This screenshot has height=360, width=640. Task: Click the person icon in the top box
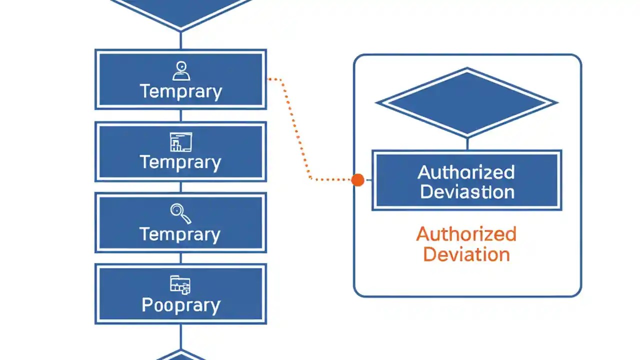point(180,71)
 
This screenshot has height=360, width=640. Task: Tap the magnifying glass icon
point(180,213)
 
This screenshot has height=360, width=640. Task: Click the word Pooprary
point(180,305)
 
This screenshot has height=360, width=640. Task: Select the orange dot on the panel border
point(357,180)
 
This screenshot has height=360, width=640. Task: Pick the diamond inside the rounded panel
point(466,102)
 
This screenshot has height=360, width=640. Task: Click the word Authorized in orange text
point(466,234)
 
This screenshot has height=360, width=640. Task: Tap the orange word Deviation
point(466,254)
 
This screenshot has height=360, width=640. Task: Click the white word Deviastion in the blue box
point(467,192)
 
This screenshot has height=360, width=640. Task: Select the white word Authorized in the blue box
point(466,172)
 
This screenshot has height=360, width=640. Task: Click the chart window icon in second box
point(180,142)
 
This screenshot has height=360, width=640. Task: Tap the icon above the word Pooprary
point(180,284)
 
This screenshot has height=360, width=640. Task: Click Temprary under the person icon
point(180,91)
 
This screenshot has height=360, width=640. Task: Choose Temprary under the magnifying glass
point(180,234)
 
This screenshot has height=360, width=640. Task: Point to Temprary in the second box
point(180,162)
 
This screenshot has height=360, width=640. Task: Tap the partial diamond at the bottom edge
point(180,355)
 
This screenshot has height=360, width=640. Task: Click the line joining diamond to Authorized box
point(466,143)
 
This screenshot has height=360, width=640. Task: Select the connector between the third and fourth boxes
point(180,258)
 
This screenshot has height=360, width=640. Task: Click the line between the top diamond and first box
point(180,40)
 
